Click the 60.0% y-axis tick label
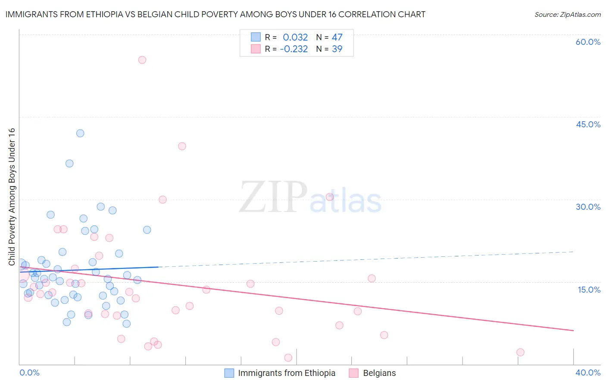(x=588, y=42)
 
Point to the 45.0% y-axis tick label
(x=588, y=124)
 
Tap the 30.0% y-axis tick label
(x=588, y=207)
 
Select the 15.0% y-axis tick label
(x=589, y=290)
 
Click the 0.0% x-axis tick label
(x=29, y=372)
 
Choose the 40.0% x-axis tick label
(x=587, y=372)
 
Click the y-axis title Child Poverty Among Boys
(x=12, y=197)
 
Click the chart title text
(x=215, y=14)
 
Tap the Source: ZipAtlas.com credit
(x=567, y=15)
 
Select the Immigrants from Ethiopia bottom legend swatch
(x=229, y=373)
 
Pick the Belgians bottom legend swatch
(x=354, y=373)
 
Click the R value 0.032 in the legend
(x=295, y=38)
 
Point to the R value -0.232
(x=294, y=49)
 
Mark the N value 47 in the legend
(x=337, y=38)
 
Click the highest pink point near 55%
(x=142, y=60)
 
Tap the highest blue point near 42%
(x=80, y=133)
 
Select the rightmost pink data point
(x=520, y=352)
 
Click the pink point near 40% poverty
(x=182, y=146)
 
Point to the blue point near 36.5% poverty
(x=69, y=164)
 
